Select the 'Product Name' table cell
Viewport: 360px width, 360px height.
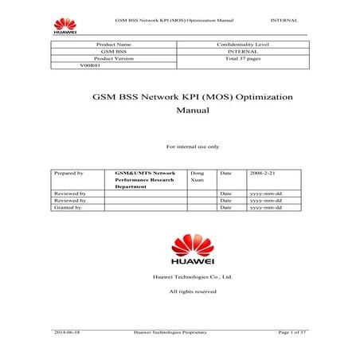(111, 45)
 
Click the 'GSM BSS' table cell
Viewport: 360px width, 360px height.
(111, 52)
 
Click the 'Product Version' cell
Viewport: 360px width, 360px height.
(111, 59)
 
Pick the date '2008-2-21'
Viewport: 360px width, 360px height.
(263, 172)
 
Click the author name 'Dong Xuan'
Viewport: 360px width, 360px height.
(198, 176)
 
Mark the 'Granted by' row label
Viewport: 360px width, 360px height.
(68, 207)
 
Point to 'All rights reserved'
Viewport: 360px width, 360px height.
(192, 292)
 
